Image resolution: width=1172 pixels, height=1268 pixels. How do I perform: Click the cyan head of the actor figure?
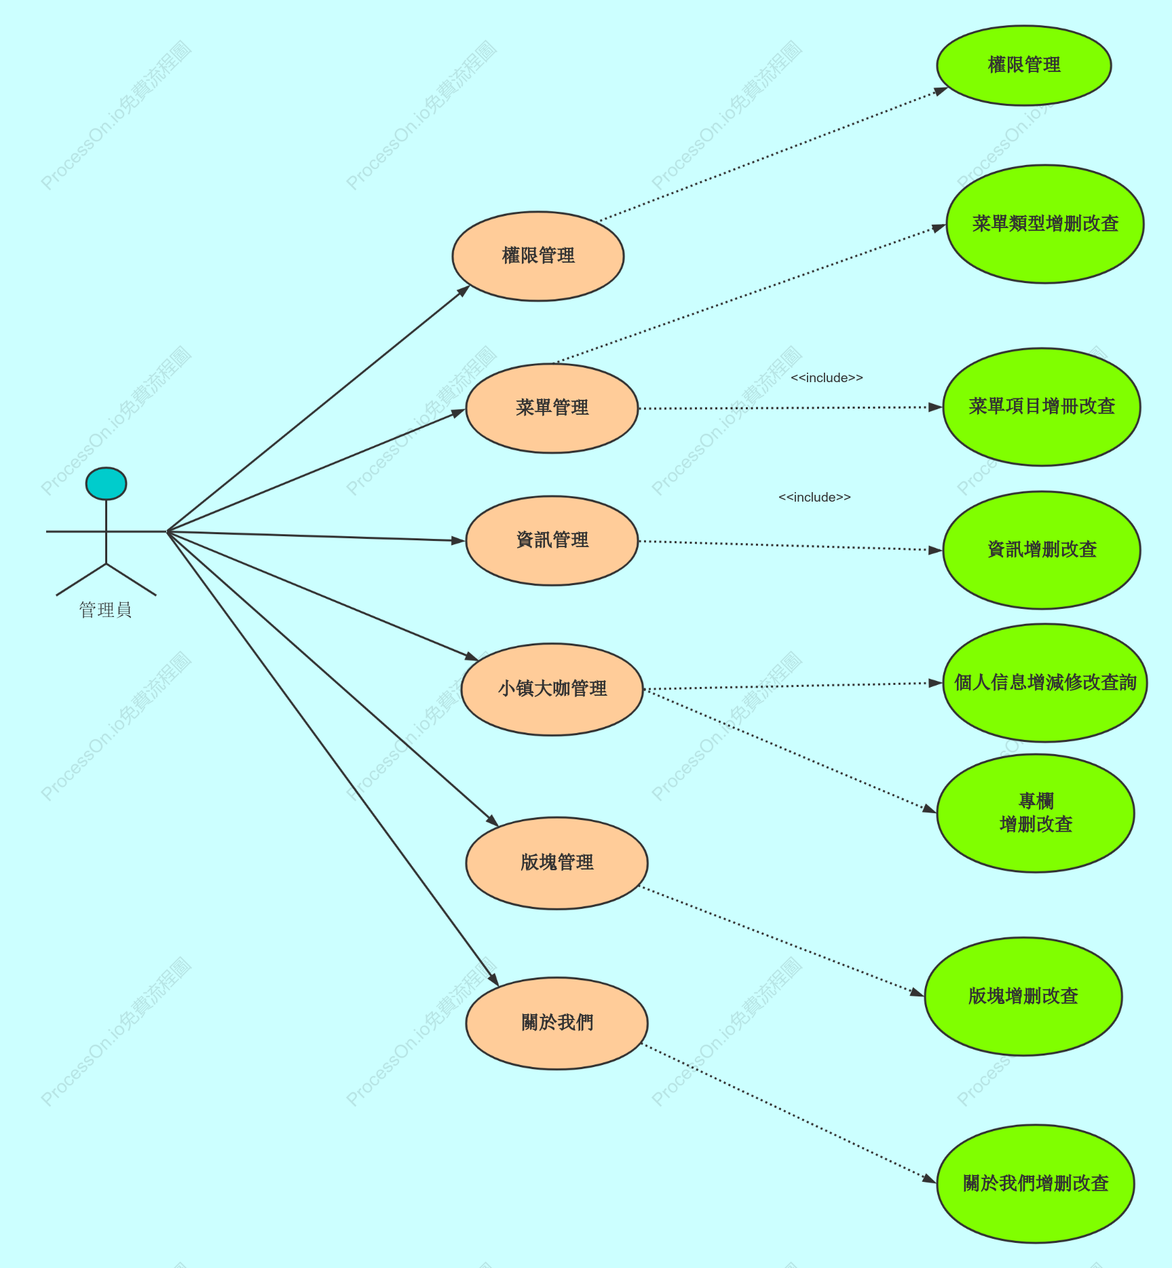(106, 483)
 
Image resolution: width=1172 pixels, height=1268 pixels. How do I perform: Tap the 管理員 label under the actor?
(105, 610)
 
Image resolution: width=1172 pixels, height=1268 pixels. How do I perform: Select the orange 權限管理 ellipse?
(538, 256)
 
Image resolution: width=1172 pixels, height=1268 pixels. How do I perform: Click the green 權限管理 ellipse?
(1024, 65)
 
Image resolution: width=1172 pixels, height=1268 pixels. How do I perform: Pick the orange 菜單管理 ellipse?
(552, 408)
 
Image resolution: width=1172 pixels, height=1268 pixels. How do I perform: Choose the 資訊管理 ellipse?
(552, 540)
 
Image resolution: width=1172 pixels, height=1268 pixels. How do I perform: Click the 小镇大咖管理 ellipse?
(552, 689)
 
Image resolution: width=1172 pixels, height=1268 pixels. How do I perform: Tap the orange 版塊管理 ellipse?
(556, 863)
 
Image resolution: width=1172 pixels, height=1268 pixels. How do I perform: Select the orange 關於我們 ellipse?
(556, 1023)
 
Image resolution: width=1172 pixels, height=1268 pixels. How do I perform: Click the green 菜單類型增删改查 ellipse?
(1045, 224)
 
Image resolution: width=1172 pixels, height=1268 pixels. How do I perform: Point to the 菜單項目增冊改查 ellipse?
(1042, 407)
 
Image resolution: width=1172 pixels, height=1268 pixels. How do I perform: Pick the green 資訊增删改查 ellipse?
(1042, 550)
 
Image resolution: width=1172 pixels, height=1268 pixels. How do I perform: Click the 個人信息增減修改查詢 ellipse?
(1045, 683)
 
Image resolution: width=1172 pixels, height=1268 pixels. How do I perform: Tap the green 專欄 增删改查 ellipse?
(1036, 813)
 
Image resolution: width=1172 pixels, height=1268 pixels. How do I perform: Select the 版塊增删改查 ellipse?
(1023, 996)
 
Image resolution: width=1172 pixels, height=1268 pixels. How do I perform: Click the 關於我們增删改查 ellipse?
(1036, 1184)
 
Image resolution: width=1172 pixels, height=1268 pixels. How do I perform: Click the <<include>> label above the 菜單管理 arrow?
(827, 378)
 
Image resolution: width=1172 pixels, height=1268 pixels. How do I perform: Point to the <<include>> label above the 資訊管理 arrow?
(814, 498)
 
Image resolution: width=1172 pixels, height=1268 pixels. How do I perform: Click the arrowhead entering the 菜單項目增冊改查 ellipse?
(936, 407)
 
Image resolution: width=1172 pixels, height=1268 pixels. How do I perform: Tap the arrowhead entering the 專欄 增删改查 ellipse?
(930, 808)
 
